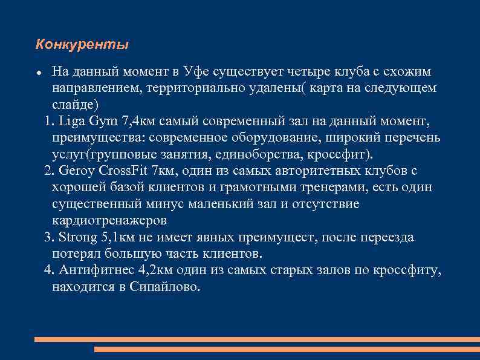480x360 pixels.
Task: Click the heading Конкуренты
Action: click(82, 45)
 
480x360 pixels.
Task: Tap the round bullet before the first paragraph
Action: click(38, 73)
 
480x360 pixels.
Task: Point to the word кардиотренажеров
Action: click(109, 220)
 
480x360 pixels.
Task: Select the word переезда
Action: click(388, 237)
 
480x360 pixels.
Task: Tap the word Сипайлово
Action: click(164, 286)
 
